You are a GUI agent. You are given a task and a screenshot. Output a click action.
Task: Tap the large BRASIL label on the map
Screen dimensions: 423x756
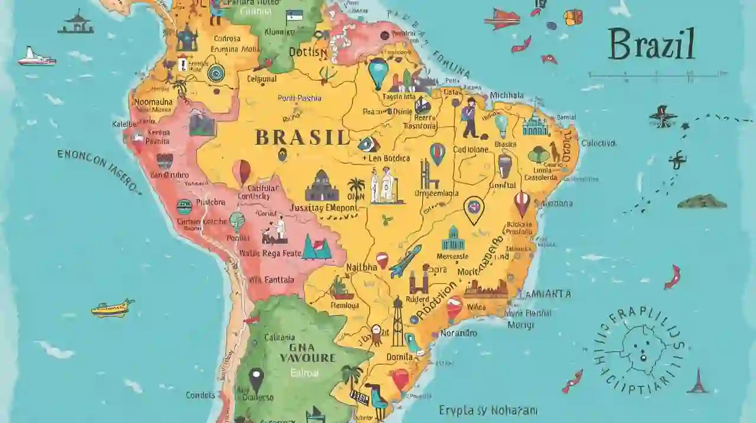tap(302, 138)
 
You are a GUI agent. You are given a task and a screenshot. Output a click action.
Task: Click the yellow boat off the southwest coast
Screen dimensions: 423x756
tap(112, 308)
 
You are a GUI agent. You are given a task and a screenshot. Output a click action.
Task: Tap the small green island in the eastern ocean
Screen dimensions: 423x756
tap(702, 202)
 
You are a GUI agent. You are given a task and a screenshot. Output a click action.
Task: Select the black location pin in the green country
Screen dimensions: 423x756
tap(256, 379)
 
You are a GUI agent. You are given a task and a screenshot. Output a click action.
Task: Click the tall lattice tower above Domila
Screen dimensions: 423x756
tap(397, 322)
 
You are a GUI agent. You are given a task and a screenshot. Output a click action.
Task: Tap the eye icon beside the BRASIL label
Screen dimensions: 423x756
tap(368, 143)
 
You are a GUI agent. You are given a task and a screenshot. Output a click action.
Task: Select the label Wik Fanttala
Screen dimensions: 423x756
tap(272, 281)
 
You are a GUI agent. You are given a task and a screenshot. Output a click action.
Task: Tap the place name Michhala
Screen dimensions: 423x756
tap(507, 96)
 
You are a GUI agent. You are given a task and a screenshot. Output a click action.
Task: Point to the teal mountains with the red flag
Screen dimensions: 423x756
tap(317, 247)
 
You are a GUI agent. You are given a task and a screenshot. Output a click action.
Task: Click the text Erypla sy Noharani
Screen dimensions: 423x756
tap(488, 409)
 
